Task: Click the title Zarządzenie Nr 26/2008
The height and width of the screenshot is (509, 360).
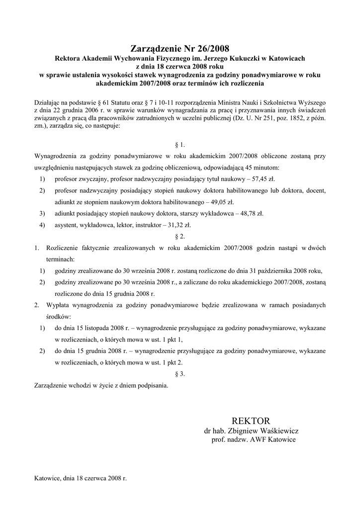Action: pyautogui.click(x=180, y=49)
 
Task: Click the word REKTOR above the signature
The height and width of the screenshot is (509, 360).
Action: pyautogui.click(x=251, y=421)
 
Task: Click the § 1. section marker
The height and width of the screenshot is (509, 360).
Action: pyautogui.click(x=180, y=145)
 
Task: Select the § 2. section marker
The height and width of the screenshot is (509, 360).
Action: pyautogui.click(x=180, y=236)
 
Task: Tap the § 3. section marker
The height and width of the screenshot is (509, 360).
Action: pyautogui.click(x=180, y=374)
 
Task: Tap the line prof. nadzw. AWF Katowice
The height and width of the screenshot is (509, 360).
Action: pyautogui.click(x=253, y=440)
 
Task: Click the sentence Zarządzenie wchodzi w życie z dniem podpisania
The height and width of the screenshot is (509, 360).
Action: pyautogui.click(x=101, y=385)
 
